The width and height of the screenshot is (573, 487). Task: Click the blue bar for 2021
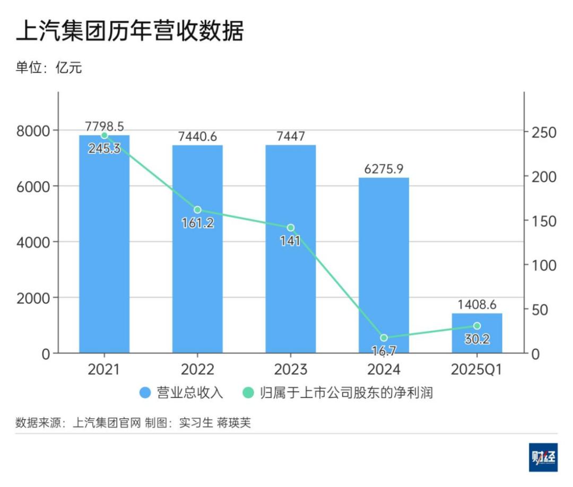105,244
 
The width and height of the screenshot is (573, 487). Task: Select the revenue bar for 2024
384,265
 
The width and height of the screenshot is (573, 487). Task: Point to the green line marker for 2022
197,210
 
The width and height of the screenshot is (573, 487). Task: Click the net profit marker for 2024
384,338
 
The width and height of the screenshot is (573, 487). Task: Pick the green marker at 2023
290,228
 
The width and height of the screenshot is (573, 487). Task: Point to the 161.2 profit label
197,223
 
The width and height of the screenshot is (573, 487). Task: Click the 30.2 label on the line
476,339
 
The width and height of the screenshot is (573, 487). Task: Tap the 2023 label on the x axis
290,369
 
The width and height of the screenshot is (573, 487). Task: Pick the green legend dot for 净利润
248,393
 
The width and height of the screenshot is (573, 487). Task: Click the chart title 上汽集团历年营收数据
129,31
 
